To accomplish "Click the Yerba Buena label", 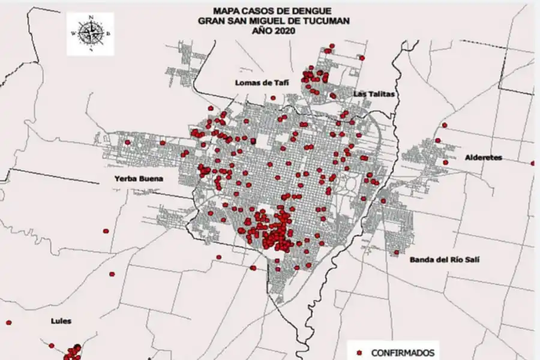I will (x=139, y=178).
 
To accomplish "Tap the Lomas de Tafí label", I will (x=259, y=83).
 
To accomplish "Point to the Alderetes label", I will (x=484, y=158).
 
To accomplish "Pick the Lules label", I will (x=61, y=321).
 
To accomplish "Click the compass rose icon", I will (x=90, y=34).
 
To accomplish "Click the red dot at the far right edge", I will (x=533, y=163).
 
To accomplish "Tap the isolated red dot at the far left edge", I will (x=8, y=323).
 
